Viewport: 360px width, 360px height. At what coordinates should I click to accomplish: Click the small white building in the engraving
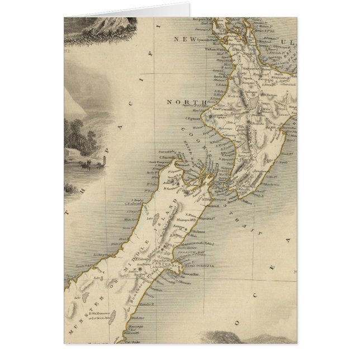tap(73, 151)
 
